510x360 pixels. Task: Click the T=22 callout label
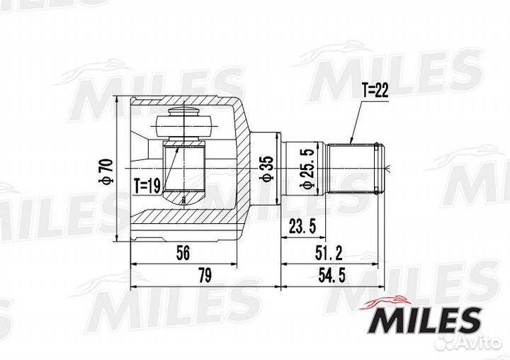(375, 90)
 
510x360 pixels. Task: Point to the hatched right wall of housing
(242, 170)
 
